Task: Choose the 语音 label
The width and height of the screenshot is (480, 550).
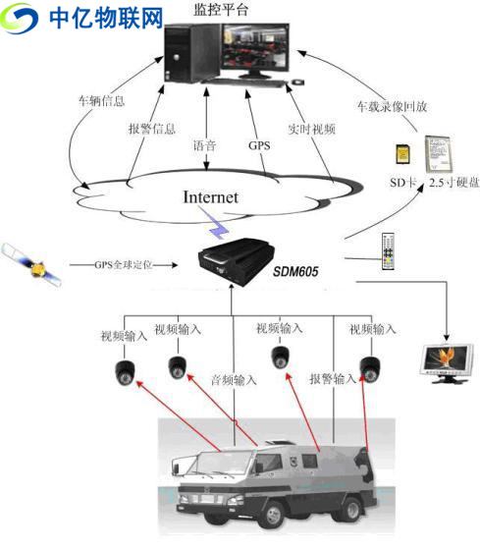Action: click(204, 144)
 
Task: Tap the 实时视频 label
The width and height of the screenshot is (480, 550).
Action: click(304, 129)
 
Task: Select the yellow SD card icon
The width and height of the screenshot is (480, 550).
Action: click(400, 155)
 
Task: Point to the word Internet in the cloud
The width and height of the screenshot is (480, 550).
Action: click(210, 197)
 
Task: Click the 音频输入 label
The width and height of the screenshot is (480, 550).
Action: click(234, 379)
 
